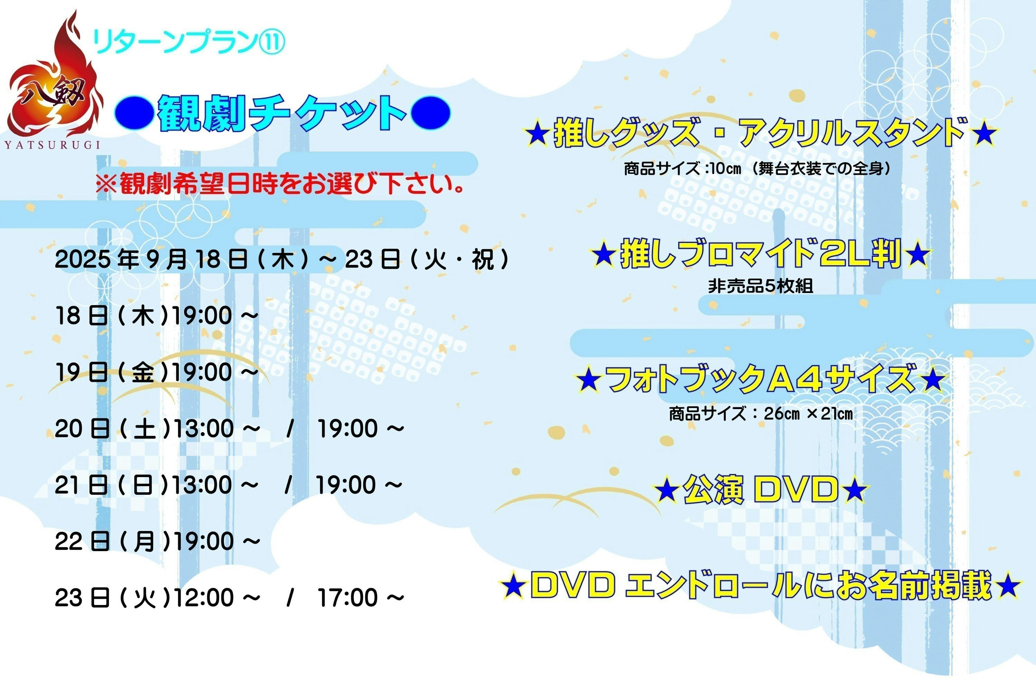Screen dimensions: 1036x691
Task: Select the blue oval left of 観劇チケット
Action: pyautogui.click(x=134, y=113)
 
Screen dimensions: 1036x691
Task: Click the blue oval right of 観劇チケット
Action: pyautogui.click(x=430, y=113)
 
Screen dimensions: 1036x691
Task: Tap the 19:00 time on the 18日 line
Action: pyautogui.click(x=202, y=316)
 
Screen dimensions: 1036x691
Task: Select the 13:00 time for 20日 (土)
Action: pyautogui.click(x=203, y=428)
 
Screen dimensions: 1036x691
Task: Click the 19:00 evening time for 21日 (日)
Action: pyautogui.click(x=346, y=485)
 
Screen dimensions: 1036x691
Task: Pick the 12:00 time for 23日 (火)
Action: pyautogui.click(x=203, y=598)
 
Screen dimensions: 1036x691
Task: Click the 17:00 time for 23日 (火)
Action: pyautogui.click(x=347, y=598)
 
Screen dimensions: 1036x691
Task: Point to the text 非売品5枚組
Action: pyautogui.click(x=760, y=286)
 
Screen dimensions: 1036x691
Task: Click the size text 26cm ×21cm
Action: pyautogui.click(x=808, y=414)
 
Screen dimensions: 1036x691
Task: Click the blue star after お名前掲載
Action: pyautogui.click(x=1008, y=586)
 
